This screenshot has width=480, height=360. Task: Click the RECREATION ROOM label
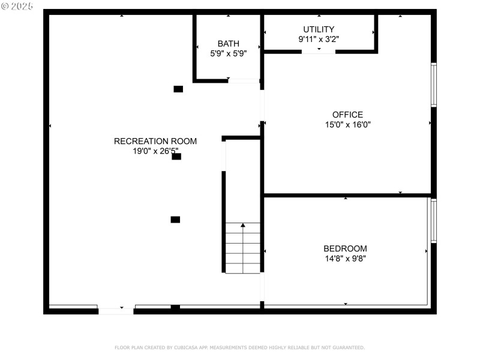click(155, 142)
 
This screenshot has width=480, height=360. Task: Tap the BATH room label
click(228, 43)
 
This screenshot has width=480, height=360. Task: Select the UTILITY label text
click(319, 29)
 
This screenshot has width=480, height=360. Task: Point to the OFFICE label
click(347, 115)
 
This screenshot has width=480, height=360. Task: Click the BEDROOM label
click(345, 248)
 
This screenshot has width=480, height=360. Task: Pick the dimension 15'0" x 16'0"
click(347, 125)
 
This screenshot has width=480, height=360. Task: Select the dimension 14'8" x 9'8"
click(345, 259)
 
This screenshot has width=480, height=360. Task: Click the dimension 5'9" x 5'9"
click(228, 53)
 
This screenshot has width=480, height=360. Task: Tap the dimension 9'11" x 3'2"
click(319, 39)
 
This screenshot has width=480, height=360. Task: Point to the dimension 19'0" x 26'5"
click(155, 152)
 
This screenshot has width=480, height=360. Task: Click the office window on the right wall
click(434, 85)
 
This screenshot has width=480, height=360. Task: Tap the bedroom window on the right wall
click(434, 221)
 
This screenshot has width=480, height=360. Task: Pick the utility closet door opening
click(318, 52)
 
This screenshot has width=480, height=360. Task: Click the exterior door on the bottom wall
click(116, 311)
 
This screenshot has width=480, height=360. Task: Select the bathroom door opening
click(244, 80)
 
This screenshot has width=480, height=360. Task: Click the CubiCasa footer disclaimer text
click(239, 347)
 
